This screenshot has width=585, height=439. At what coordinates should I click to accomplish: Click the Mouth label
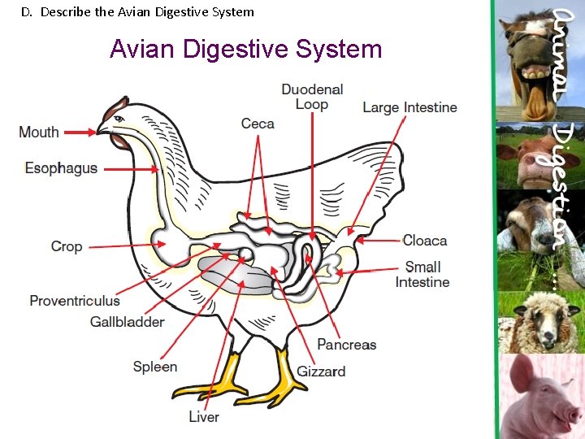click(39, 132)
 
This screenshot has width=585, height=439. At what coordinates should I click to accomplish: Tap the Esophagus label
click(61, 168)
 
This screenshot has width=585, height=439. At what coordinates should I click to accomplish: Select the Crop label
click(67, 246)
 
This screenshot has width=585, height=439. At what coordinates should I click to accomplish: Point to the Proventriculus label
click(75, 301)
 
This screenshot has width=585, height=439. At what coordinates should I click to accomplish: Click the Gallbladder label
click(127, 322)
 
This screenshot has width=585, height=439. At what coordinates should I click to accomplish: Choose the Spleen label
click(155, 367)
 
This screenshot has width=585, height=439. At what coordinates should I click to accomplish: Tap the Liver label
click(204, 416)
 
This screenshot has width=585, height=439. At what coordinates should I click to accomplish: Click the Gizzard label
click(321, 371)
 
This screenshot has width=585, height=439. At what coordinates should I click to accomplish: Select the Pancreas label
click(347, 345)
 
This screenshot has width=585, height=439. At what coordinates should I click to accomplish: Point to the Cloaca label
click(425, 241)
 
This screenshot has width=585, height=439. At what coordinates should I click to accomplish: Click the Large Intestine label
click(409, 107)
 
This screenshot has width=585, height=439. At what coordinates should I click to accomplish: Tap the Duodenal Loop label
click(312, 97)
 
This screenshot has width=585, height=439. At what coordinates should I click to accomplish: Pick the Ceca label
click(258, 124)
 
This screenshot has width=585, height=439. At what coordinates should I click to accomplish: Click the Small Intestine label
click(422, 274)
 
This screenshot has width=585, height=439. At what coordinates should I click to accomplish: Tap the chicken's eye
click(119, 119)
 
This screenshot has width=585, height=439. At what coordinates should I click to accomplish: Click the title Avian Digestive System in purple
click(245, 49)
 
